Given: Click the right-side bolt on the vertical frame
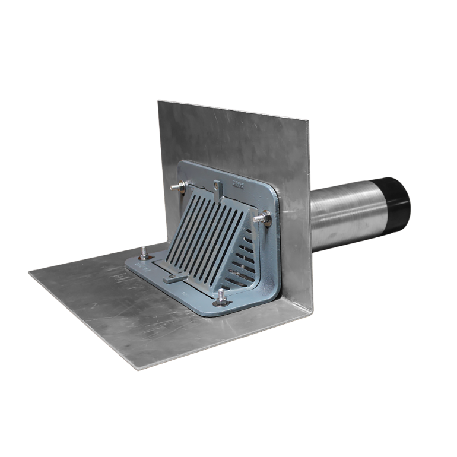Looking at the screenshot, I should [264, 220].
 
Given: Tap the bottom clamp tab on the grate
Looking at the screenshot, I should [175, 277].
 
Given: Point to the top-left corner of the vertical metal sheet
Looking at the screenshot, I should [158, 100].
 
